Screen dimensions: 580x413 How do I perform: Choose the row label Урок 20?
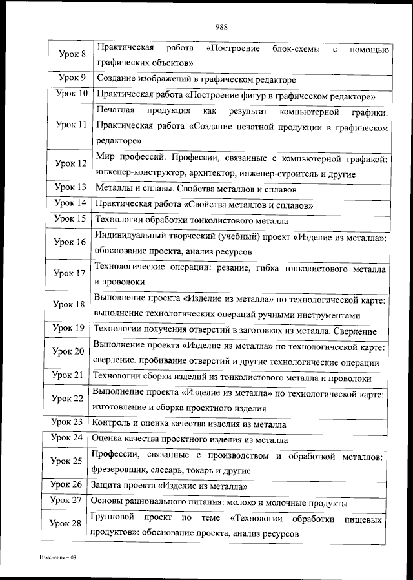[68, 351]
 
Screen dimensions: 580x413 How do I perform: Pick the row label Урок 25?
[67, 461]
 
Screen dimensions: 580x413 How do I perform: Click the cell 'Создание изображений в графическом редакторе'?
[196, 79]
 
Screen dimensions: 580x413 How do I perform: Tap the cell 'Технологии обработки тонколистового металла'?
[191, 220]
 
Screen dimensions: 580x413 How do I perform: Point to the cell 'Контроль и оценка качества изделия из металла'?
[189, 424]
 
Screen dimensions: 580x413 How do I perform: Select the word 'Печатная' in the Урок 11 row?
[116, 112]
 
